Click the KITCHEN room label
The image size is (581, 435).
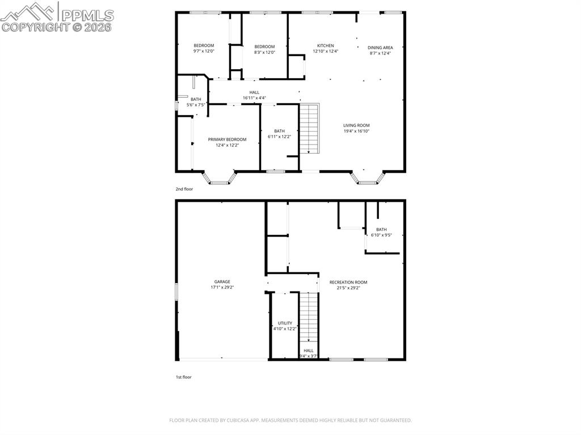click(325, 46)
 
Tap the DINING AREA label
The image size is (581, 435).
click(380, 48)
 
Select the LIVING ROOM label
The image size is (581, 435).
click(356, 125)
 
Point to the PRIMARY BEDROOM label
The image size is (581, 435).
click(227, 140)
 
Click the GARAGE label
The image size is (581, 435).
click(222, 282)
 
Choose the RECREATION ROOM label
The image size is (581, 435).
click(348, 282)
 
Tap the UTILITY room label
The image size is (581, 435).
click(285, 323)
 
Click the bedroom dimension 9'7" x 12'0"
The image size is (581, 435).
click(204, 51)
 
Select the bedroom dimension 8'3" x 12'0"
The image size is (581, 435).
click(264, 52)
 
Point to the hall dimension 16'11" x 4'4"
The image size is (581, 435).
click(254, 98)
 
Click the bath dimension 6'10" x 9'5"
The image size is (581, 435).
click(381, 235)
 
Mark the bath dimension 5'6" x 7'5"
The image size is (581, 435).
click(196, 104)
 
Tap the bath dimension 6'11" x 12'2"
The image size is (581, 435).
click(279, 136)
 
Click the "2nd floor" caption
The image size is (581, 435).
click(184, 189)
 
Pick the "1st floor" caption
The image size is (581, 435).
click(183, 377)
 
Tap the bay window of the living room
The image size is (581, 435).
click(368, 179)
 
